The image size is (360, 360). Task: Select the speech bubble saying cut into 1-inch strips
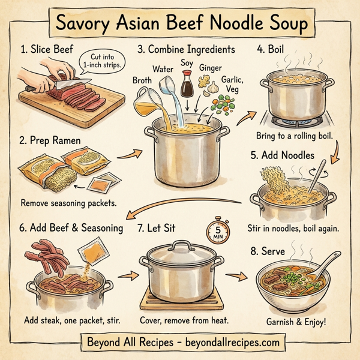[101, 61]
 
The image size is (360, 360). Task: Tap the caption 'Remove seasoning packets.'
[68, 203]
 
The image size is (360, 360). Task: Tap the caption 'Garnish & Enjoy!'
[296, 322]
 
